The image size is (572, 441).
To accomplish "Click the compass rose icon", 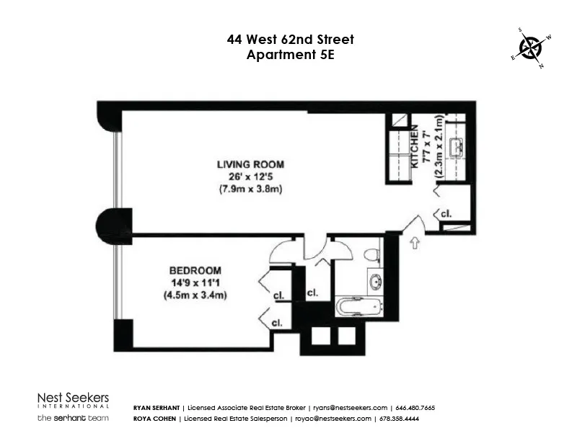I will pyautogui.click(x=531, y=48).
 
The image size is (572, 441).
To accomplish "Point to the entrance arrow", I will pyautogui.click(x=415, y=243).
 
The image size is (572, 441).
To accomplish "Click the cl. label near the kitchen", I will pyautogui.click(x=446, y=215).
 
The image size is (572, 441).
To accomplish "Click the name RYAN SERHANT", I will pyautogui.click(x=157, y=408).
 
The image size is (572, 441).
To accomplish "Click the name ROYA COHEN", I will pyautogui.click(x=154, y=419).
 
